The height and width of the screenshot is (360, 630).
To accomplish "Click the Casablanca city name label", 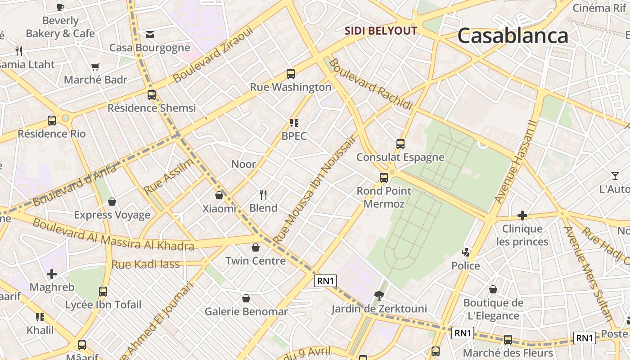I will tap(513, 36).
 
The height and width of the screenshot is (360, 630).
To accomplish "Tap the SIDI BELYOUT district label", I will tap(381, 31).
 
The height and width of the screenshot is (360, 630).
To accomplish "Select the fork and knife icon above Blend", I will tap(263, 195).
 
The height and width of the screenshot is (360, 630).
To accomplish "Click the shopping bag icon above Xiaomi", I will tap(219, 195).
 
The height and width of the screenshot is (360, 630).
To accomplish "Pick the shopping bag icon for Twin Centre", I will tap(255, 247).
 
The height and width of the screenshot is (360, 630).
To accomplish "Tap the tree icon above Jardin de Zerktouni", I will tap(379, 295).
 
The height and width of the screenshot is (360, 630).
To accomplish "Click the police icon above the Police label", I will tap(466, 252).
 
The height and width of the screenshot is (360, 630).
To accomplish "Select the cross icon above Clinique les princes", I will tap(522, 216).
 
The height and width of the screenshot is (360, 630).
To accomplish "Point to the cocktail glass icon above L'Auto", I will tap(615, 175).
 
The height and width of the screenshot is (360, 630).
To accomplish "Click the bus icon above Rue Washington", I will tap(291, 74).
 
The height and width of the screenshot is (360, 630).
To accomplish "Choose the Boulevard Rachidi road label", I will tap(370, 84).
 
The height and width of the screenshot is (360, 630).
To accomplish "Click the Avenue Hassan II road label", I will tap(516, 161).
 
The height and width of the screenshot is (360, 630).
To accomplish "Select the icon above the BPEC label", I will tap(294, 122).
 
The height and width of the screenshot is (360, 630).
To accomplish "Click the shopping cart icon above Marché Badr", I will tap(95, 67).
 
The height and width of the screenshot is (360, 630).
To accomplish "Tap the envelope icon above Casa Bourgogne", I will tap(150, 35).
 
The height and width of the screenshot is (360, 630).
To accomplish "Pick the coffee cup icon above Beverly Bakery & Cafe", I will tap(60, 7).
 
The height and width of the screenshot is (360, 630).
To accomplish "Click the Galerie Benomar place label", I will tap(246, 311).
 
